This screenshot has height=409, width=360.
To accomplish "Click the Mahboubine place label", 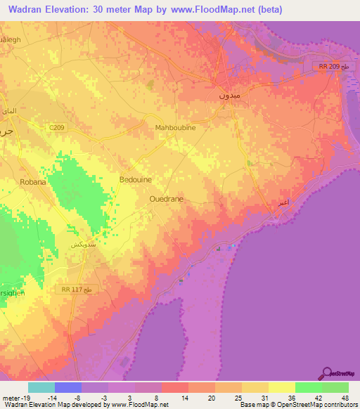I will pyautogui.click(x=175, y=128).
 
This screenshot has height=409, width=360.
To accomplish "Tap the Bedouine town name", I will pyautogui.click(x=138, y=179).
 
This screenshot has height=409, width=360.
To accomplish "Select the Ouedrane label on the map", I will pyautogui.click(x=167, y=200).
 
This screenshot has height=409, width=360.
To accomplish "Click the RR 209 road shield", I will pyautogui.click(x=326, y=66).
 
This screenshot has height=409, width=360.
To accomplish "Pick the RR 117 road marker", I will pyautogui.click(x=70, y=289).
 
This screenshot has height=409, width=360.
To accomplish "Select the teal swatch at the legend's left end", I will pyautogui.click(x=41, y=387).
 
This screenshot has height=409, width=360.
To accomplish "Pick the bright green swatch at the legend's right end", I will pyautogui.click(x=335, y=387).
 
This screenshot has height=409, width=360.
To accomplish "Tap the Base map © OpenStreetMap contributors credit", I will pyautogui.click(x=298, y=404).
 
